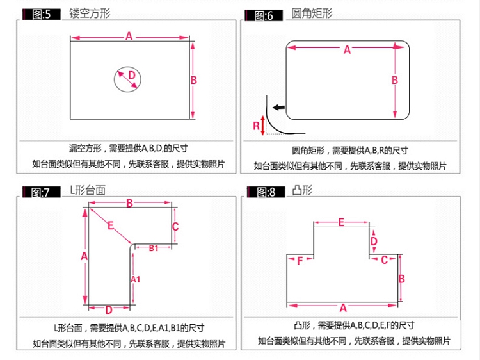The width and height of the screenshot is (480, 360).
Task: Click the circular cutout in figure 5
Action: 114,79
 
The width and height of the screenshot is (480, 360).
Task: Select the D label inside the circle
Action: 132,75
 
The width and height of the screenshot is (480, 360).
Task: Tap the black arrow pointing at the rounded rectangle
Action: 278,107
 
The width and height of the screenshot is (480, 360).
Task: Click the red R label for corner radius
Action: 256,126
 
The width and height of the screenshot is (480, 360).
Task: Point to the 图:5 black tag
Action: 42,14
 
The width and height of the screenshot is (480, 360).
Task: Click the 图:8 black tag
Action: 266,192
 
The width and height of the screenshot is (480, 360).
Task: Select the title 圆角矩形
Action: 312,13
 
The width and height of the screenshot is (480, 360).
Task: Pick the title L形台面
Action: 88,191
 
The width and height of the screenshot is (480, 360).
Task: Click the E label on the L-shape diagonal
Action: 111,226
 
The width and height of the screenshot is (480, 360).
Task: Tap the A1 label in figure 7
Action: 135,279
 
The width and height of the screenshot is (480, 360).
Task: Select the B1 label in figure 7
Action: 154,248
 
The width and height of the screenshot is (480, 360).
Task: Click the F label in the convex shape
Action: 300,261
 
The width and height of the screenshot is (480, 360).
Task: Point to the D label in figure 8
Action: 374,241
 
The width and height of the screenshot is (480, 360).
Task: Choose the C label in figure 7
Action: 175,227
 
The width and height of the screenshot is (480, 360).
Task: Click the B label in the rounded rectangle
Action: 395,80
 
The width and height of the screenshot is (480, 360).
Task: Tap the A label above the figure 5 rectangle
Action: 129,36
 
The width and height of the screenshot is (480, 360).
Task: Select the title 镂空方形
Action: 90,13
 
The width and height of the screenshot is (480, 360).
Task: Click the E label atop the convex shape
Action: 341,222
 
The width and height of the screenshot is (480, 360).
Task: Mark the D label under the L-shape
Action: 109,310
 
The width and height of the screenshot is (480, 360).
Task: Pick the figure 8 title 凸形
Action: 302,190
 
